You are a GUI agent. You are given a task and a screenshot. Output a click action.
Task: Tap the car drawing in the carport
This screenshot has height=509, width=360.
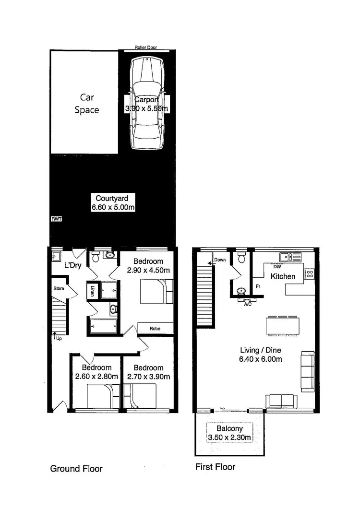(x=147, y=103)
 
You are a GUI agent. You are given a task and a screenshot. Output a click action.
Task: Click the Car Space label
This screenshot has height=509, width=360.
(x=86, y=104)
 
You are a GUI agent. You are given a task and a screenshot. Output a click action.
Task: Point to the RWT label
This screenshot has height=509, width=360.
(x=56, y=219)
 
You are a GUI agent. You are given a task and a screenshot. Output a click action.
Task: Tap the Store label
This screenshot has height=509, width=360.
(x=59, y=289)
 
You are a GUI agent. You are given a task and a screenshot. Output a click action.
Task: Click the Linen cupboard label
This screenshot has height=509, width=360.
(x=92, y=291)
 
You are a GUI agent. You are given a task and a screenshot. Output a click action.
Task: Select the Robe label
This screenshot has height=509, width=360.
(x=155, y=329)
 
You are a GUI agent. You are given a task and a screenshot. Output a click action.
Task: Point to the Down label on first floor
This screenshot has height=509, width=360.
(x=220, y=260)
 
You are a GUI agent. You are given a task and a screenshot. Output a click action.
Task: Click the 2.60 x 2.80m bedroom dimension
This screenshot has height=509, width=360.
(x=96, y=377)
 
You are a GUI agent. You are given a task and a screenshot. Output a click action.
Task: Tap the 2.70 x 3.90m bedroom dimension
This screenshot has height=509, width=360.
(x=148, y=377)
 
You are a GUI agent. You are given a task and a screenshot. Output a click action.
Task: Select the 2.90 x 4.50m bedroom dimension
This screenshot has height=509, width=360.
(x=148, y=271)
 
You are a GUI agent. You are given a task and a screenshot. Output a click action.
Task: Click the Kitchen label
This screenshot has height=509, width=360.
(x=283, y=276)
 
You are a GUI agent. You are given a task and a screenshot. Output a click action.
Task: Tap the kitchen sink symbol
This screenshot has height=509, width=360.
(x=290, y=257)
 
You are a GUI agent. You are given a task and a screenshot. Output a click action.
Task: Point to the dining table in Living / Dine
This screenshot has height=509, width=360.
(x=283, y=326)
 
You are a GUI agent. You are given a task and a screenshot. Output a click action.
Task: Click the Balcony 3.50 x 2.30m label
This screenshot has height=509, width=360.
(x=229, y=433)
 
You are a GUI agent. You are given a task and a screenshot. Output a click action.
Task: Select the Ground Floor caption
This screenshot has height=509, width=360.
(x=76, y=469)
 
